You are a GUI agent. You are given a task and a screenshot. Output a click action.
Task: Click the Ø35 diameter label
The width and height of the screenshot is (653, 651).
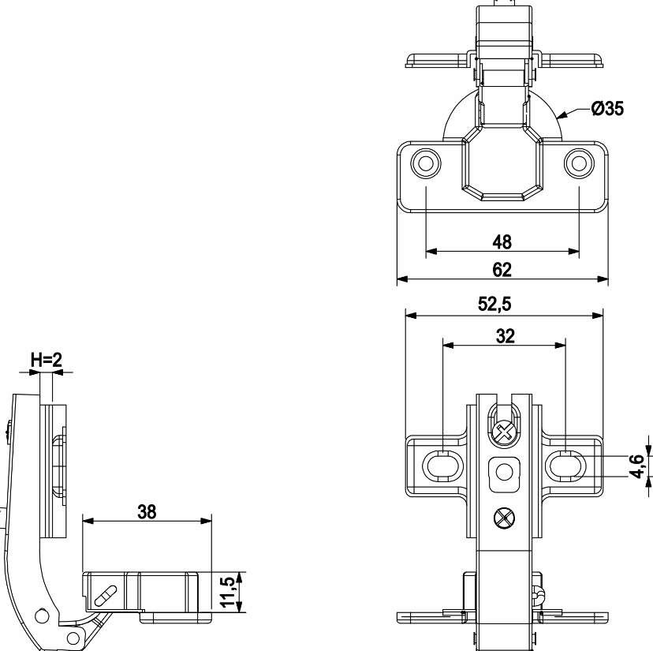coord(607,109)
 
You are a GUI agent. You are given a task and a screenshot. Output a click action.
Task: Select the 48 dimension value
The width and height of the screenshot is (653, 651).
coord(502,242)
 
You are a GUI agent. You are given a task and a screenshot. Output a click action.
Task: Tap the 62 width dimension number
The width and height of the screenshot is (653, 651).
coord(502,270)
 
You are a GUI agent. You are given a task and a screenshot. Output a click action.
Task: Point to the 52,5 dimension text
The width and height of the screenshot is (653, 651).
coord(494,305)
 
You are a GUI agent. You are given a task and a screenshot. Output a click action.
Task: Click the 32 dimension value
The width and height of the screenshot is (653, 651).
coord(506,336)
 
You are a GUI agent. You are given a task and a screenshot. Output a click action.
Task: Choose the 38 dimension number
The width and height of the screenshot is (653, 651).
coord(147,512)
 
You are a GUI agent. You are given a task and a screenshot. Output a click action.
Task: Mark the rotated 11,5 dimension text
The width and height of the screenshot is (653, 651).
coord(228,593)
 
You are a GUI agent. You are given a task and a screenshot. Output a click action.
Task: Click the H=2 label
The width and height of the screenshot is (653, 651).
coord(47,360)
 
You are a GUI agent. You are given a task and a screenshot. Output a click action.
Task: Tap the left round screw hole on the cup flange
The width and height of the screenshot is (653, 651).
coord(426,163)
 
